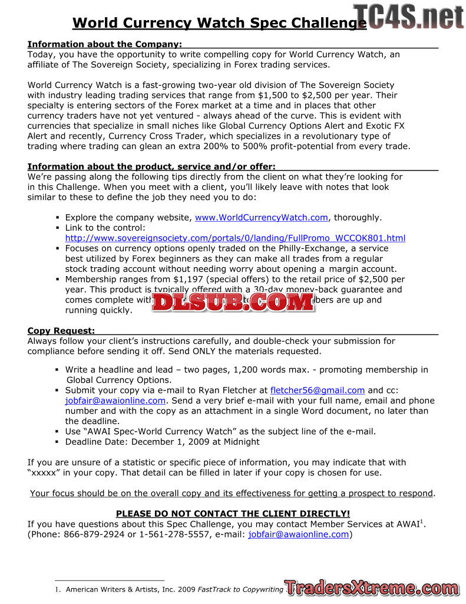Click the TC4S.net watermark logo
(408, 17)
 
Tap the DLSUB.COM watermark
(233, 302)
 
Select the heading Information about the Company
(104, 44)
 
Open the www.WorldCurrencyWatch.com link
(261, 217)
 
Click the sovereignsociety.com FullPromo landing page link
(235, 238)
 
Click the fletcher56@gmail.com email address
(317, 390)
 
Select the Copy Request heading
(61, 331)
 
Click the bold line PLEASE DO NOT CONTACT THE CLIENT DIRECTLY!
(233, 514)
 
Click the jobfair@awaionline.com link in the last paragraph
(298, 534)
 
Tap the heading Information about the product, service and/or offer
(151, 166)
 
